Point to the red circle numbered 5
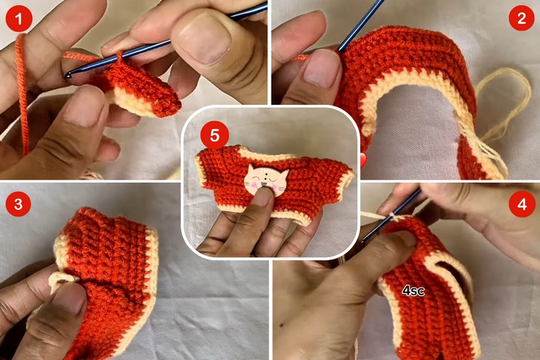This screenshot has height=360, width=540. click(x=215, y=136)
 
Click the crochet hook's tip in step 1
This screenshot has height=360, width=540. click(x=68, y=74)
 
